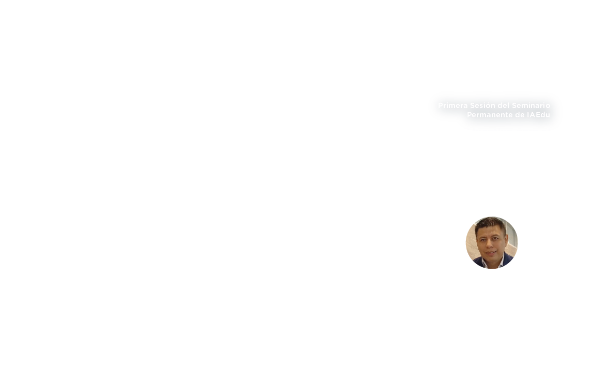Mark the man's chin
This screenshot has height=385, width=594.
[x=491, y=258]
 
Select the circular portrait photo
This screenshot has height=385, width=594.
[x=492, y=242]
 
